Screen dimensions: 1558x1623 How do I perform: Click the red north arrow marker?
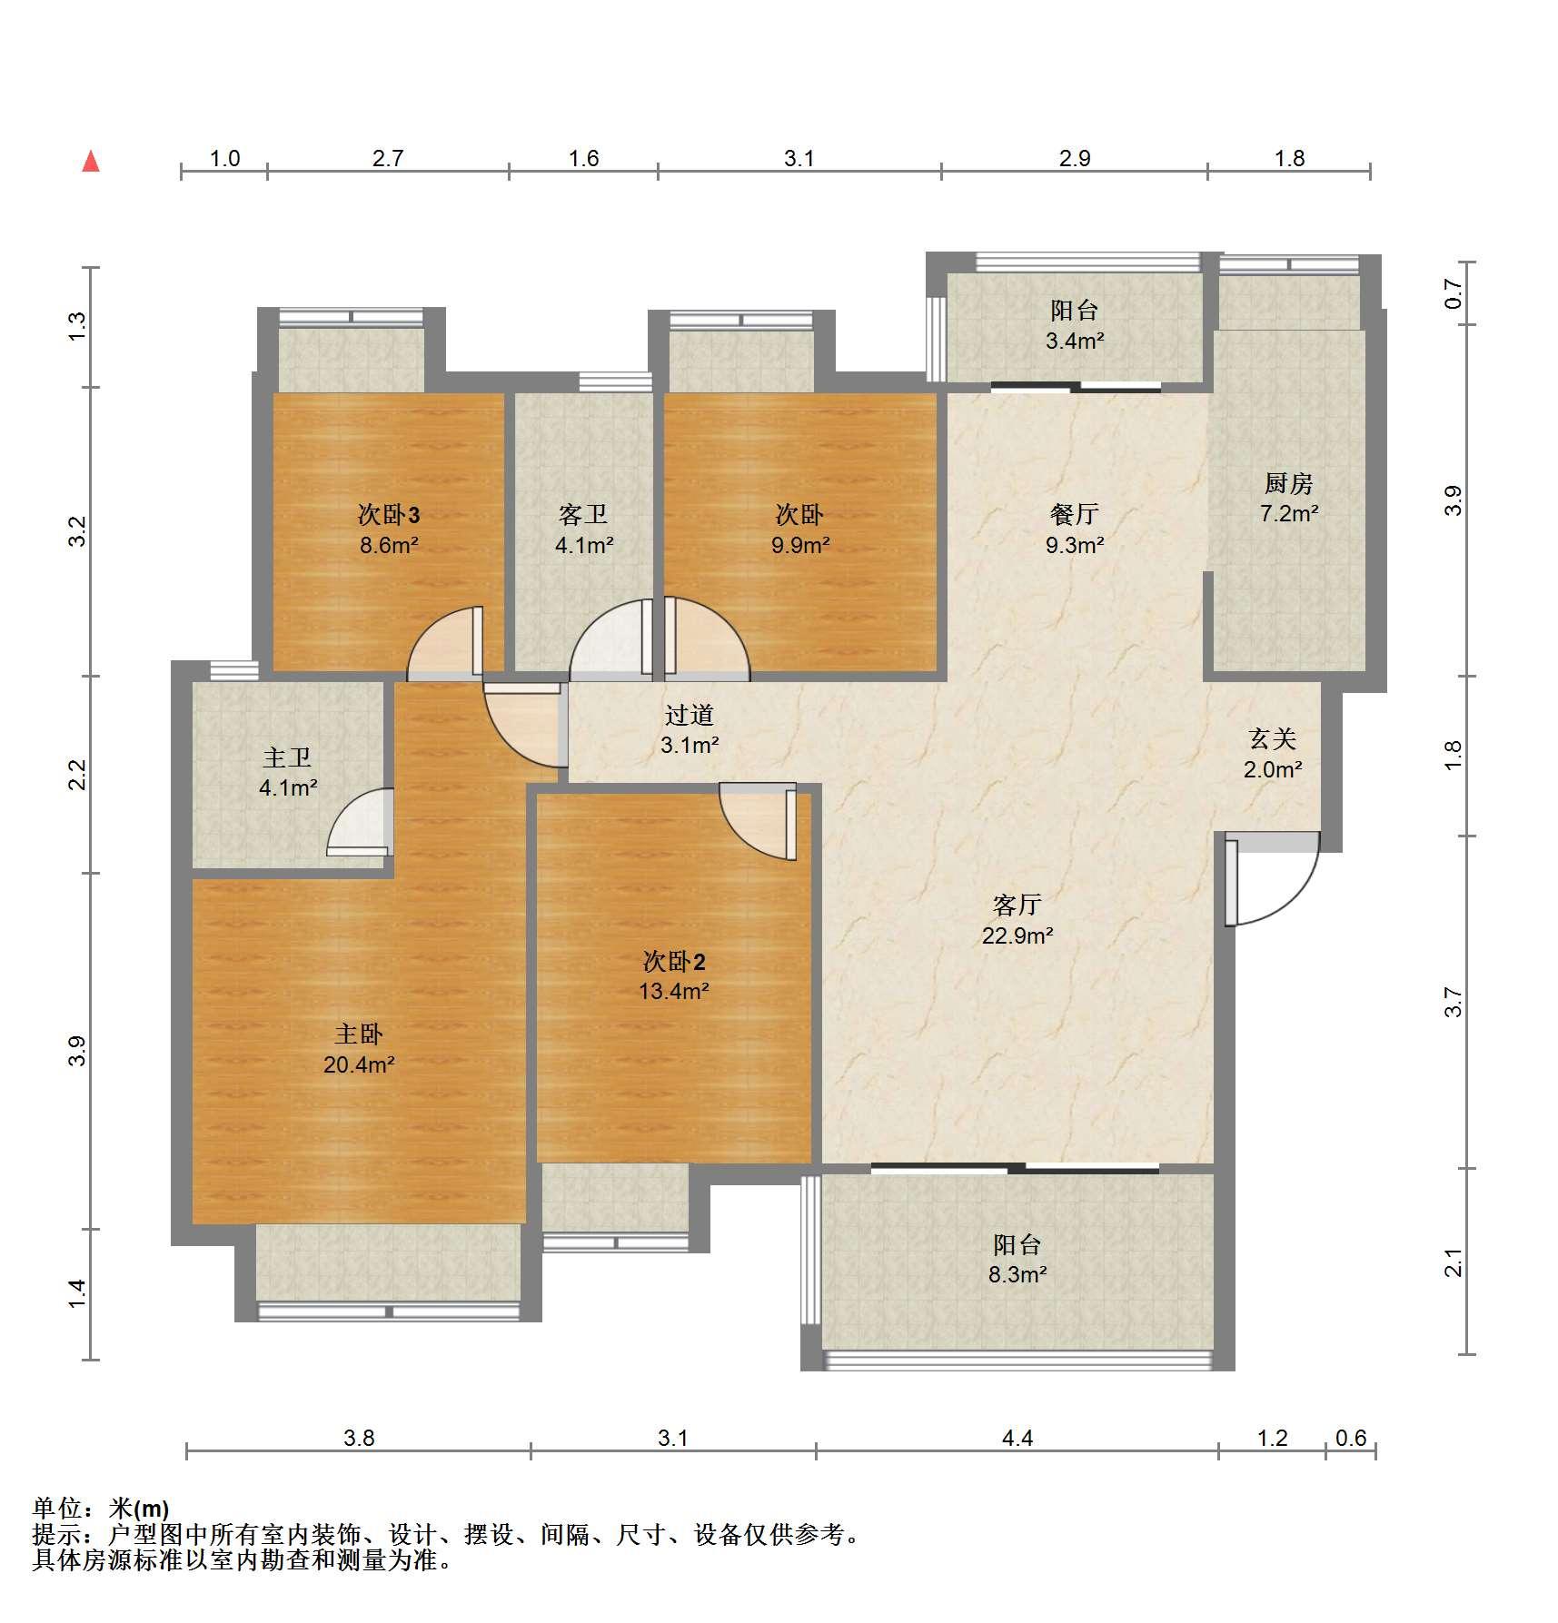(91, 162)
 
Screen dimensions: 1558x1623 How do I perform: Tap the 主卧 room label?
(359, 1034)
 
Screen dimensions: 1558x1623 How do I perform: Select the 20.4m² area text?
(359, 1064)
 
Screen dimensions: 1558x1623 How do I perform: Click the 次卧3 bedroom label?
(388, 515)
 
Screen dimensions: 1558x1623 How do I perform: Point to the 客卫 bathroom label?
(583, 515)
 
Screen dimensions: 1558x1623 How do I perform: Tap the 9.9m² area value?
(799, 546)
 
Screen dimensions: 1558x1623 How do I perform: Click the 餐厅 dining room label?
(1074, 515)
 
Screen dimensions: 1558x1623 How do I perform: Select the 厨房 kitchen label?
(1288, 483)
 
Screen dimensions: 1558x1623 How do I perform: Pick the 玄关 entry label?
(1272, 739)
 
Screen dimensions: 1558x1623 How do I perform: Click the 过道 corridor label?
(689, 716)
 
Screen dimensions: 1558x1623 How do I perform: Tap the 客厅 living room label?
(1017, 905)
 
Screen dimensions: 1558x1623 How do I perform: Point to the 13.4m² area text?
(673, 991)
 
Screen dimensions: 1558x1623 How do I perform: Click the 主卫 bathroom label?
(287, 757)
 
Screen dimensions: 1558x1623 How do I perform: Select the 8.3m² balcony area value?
(1017, 1274)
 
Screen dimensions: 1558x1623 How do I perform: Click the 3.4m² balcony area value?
(1075, 341)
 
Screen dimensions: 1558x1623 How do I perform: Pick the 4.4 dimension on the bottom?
(1017, 1438)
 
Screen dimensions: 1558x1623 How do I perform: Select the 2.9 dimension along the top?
(1075, 159)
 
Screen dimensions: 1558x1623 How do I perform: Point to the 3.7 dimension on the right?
(1454, 1002)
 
